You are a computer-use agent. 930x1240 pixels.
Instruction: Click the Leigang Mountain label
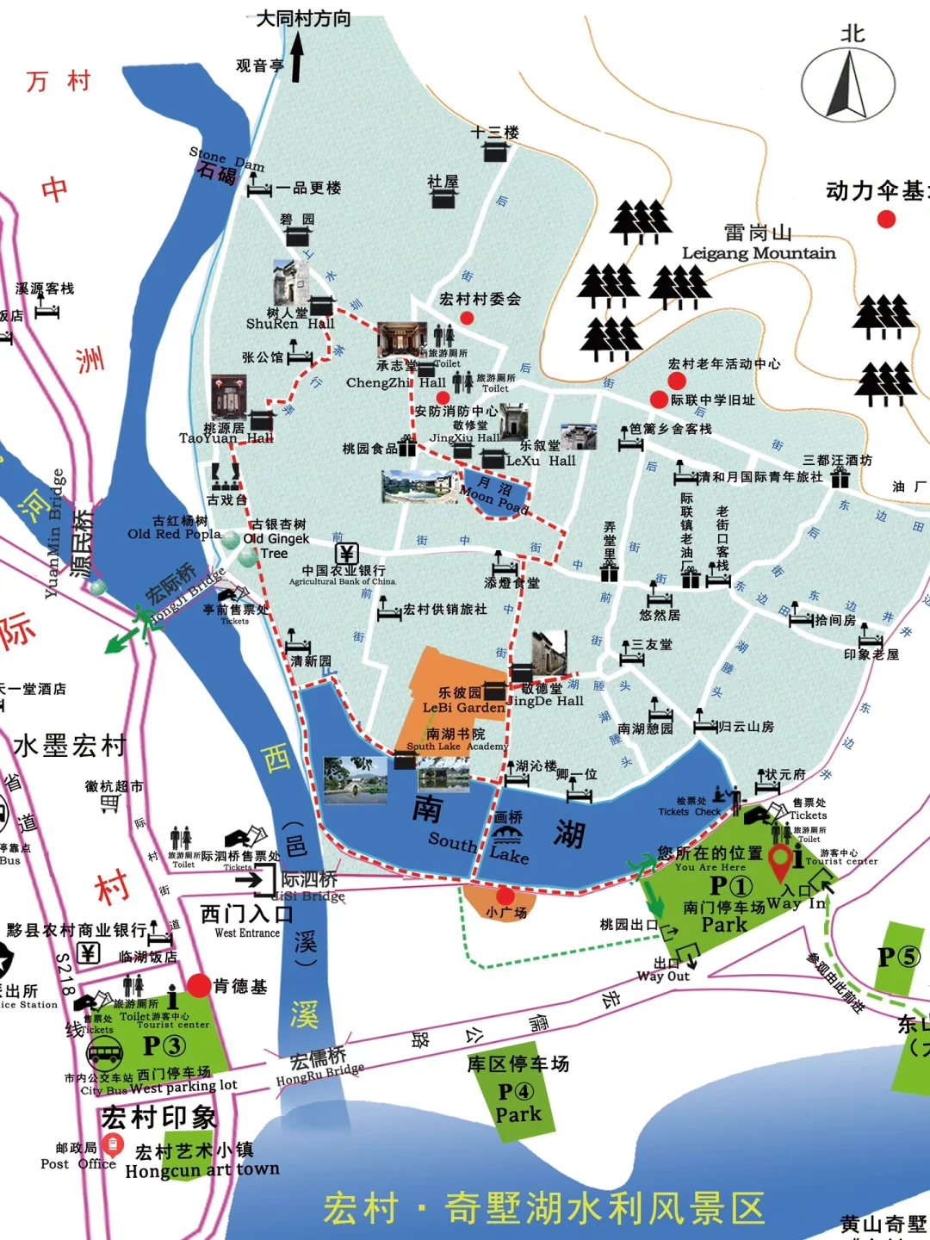coord(759,252)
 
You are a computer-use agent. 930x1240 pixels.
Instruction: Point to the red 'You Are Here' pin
coord(779,862)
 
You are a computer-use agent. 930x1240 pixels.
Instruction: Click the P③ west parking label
coord(164,1045)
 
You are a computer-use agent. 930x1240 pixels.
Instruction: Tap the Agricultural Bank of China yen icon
coord(347,553)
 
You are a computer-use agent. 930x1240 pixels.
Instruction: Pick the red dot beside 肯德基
coord(199,986)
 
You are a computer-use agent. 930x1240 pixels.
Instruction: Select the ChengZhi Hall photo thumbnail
coord(402,339)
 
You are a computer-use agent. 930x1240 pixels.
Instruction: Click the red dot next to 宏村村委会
coord(467,318)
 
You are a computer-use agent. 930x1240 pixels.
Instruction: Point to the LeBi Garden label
coord(463,708)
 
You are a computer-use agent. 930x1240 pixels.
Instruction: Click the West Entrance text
coord(247,933)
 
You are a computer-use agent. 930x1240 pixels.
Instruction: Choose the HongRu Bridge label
coord(319,1074)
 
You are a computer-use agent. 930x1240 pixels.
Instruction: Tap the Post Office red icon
coord(112,1144)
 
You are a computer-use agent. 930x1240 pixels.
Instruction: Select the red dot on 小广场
coord(505,896)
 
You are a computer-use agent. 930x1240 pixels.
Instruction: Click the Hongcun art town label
coord(202,1169)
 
